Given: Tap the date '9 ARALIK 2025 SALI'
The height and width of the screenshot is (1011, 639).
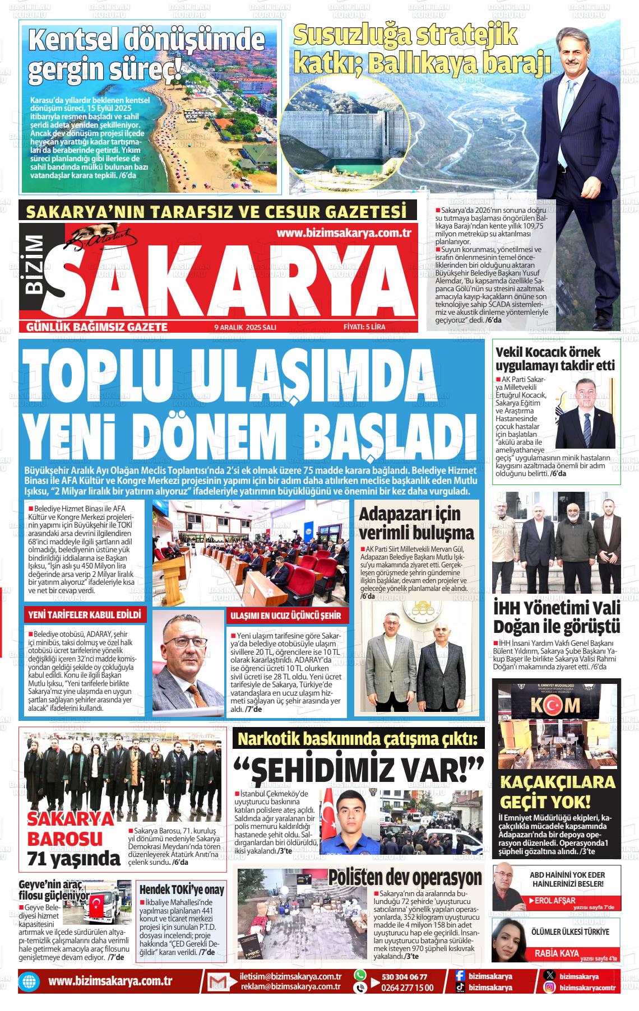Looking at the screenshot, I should pos(246,327).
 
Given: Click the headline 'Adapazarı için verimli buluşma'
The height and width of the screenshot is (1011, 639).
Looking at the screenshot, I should pos(416,523).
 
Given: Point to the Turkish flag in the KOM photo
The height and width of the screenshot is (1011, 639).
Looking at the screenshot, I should pos(553,704).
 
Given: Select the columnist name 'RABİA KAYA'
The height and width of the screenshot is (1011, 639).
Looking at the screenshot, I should pos(556,953).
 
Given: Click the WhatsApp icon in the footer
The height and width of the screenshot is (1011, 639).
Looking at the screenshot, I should pos(360,975).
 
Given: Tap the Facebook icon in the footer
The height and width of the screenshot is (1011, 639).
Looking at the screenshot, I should pos(460,976).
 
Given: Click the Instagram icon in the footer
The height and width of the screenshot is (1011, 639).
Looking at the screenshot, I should pos(550,987).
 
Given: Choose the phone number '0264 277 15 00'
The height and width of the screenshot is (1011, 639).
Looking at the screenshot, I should pos(407,987).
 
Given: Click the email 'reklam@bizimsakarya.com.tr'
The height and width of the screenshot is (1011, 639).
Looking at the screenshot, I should pos(291,987).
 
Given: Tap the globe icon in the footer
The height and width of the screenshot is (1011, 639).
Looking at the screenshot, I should pos(27,982).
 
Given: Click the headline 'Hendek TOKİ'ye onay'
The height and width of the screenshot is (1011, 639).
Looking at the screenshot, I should pos(182,889).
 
